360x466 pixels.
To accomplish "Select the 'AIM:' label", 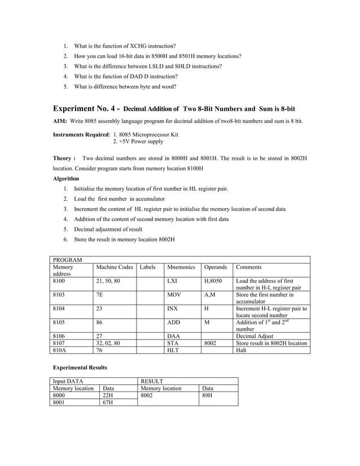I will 60,121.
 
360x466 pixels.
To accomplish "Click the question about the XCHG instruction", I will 124,45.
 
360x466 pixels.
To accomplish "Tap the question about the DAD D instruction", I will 125,76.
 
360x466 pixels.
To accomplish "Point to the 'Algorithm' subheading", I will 66,178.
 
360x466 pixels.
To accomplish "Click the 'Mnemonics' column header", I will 181,267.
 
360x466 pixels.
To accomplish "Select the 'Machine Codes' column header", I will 115,267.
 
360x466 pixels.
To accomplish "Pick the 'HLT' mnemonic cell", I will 174,350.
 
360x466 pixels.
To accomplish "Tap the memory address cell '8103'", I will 59,294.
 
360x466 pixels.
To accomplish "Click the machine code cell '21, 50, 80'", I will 108,280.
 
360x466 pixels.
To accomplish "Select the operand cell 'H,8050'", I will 213,280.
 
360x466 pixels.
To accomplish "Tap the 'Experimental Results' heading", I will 80,368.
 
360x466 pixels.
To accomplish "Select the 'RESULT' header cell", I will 152,381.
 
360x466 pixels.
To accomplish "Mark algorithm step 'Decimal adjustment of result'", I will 108,229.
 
